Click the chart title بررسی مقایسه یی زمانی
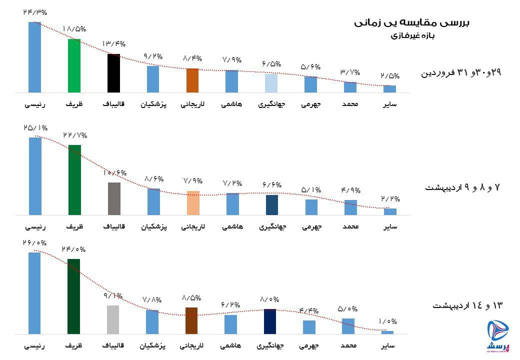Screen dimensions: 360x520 tap(412, 22)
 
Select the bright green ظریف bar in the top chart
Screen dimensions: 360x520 tap(74, 65)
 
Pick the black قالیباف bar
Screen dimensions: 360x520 tap(114, 73)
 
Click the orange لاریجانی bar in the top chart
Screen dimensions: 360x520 tap(193, 80)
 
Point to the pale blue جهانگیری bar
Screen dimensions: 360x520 tap(271, 83)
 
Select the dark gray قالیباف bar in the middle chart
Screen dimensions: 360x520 tap(114, 198)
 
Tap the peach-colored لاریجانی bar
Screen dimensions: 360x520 tap(193, 203)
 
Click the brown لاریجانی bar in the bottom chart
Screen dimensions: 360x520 tap(193, 320)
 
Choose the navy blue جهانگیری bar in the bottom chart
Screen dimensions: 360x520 tap(270, 321)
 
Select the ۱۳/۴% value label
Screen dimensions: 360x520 tap(114, 44)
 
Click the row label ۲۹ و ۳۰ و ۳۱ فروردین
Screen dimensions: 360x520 tap(461, 73)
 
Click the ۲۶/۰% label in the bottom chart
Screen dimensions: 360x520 tap(34, 243)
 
